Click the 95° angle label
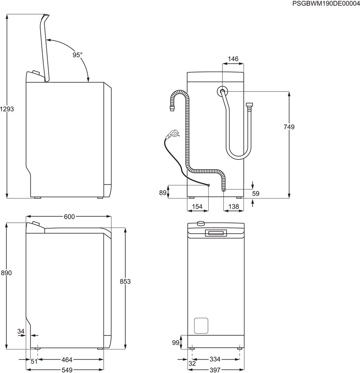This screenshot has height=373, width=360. point(77,55)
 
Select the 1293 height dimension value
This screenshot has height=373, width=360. point(7,109)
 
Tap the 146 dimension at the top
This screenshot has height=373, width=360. point(233,59)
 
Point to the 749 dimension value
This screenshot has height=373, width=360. point(289,127)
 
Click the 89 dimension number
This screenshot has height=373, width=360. point(163,193)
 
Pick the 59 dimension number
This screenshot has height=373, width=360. point(255,194)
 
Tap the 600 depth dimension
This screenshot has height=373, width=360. point(69,217)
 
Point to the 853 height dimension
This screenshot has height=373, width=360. point(125,281)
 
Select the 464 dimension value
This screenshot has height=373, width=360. point(67,360)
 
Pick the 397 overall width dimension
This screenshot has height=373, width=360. point(215,370)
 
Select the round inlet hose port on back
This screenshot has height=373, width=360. point(222,92)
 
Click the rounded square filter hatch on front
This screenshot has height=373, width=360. point(201,325)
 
